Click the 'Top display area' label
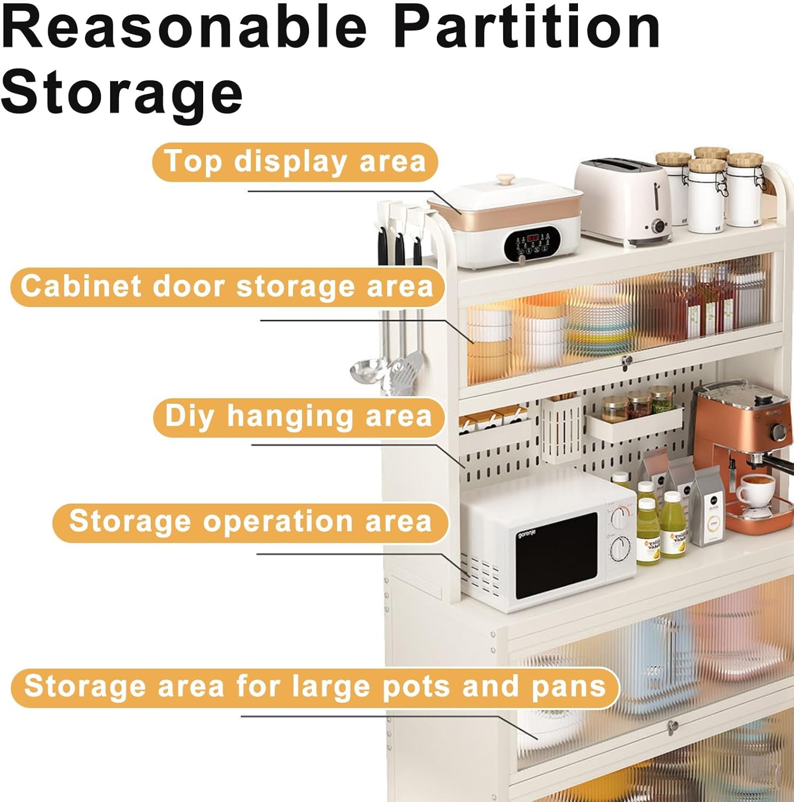pyautogui.click(x=295, y=162)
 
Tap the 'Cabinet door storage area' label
pyautogui.click(x=227, y=287)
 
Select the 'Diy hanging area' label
pyautogui.click(x=298, y=417)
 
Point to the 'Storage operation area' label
pyautogui.click(x=250, y=522)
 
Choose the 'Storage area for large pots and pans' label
pyautogui.click(x=315, y=687)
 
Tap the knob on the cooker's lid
pyautogui.click(x=505, y=180)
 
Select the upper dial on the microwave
pyautogui.click(x=620, y=517)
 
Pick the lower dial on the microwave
pyautogui.click(x=620, y=549)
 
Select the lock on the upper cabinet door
pyautogui.click(x=626, y=362)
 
